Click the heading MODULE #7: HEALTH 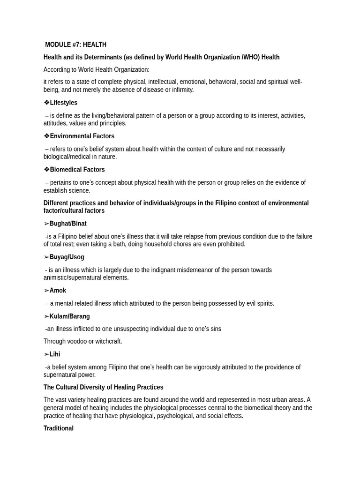(x=75, y=45)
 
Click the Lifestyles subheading (x=63, y=103)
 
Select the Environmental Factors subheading (x=82, y=136)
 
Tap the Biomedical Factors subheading (x=77, y=170)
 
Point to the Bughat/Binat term (x=67, y=224)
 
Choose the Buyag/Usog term (x=67, y=257)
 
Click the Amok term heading (x=58, y=291)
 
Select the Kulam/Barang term (x=69, y=316)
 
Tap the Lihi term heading (x=54, y=354)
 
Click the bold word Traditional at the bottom (x=59, y=428)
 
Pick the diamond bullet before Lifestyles (x=46, y=103)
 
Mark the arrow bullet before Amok (x=46, y=291)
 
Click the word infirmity (x=182, y=90)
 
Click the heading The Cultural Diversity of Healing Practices (x=103, y=388)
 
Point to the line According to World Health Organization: (x=97, y=70)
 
